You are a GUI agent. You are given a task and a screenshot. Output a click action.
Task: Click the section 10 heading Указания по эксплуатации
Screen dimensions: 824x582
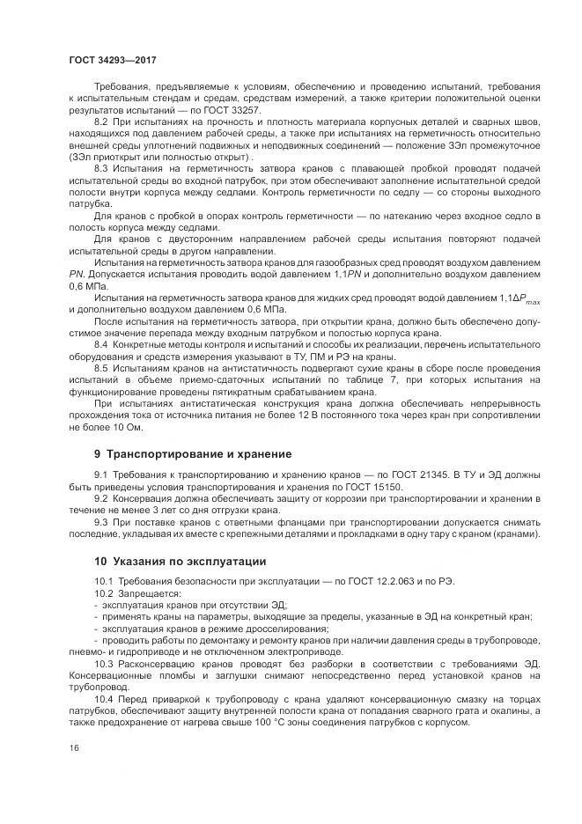[180, 561]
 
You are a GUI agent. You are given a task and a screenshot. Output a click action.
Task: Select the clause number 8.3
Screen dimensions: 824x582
[102, 168]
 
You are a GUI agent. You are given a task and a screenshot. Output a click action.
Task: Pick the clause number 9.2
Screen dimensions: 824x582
[102, 498]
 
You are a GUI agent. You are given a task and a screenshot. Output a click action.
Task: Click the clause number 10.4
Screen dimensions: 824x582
[105, 696]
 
